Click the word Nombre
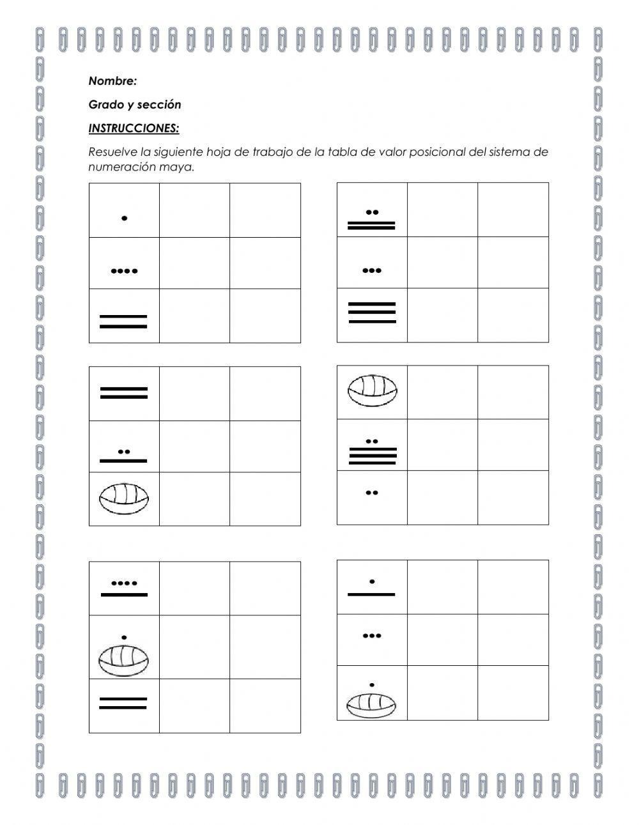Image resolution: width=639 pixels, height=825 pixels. [112, 81]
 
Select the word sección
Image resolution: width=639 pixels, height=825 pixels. [160, 105]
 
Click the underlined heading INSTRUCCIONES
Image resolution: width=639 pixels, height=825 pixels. [134, 128]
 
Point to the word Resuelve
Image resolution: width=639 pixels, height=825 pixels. [112, 152]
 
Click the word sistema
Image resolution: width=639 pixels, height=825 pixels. [525, 152]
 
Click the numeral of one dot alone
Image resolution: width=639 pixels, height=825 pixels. [124, 219]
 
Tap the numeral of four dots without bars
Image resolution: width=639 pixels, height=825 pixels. [124, 271]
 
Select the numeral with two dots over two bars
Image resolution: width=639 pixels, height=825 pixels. [371, 219]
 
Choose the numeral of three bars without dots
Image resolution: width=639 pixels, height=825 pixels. [372, 312]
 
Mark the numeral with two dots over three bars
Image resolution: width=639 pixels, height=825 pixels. [372, 451]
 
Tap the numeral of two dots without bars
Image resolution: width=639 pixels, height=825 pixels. [372, 493]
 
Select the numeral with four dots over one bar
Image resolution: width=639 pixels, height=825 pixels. [124, 589]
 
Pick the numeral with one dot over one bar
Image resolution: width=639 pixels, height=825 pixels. [372, 588]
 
